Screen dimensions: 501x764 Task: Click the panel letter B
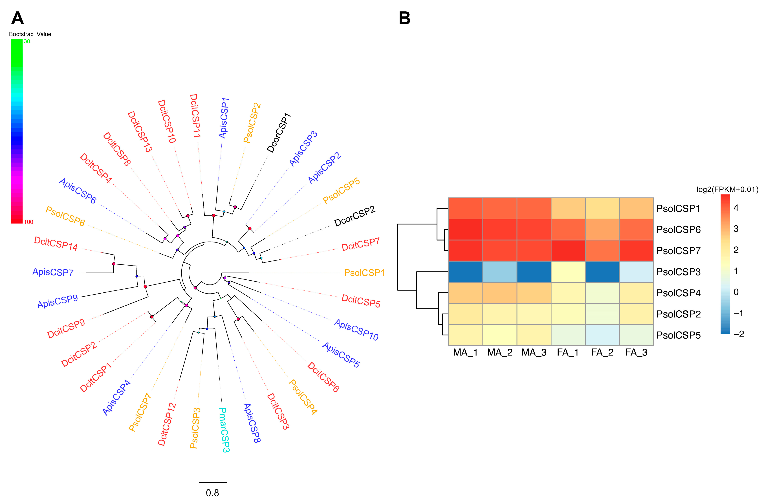coord(404,18)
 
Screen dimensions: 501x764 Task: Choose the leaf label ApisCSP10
coord(356,330)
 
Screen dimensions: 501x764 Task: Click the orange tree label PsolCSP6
coord(65,216)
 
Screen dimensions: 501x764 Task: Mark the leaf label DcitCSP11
coord(195,116)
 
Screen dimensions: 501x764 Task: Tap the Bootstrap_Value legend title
coord(30,34)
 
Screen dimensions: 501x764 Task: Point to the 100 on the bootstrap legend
coord(28,222)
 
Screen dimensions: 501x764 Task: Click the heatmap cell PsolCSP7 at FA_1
coord(568,250)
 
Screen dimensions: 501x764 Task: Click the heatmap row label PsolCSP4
coord(678,293)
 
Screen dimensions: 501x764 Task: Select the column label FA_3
coord(636,352)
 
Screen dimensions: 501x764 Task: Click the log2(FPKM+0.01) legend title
coord(727,189)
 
